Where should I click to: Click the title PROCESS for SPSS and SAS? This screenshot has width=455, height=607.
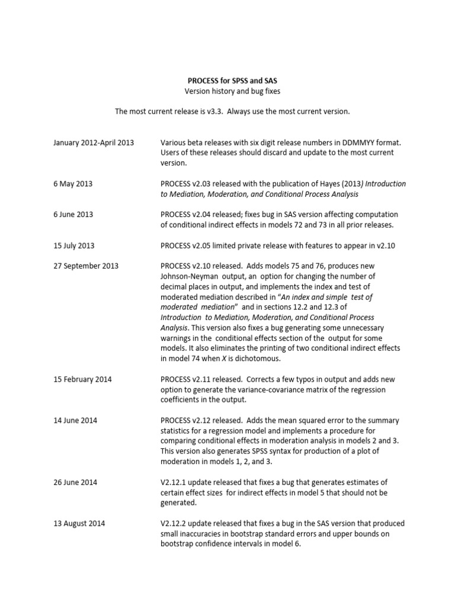[x=227, y=80]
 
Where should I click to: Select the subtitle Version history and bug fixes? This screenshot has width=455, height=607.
[x=227, y=91]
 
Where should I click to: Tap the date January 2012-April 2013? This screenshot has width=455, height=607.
[x=93, y=143]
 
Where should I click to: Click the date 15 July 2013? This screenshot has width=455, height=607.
[x=74, y=245]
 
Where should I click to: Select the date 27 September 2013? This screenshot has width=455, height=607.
[x=85, y=266]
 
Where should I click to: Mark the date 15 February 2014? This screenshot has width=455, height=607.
[x=82, y=379]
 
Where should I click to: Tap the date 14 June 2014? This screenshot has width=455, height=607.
[x=75, y=420]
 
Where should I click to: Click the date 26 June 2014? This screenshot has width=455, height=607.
[x=75, y=482]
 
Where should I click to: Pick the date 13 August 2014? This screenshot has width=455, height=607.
[x=80, y=523]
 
